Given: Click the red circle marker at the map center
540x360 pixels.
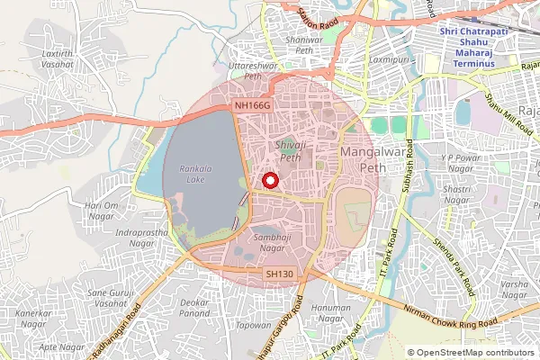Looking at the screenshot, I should point(269,181).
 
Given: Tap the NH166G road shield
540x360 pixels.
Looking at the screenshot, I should point(252,106).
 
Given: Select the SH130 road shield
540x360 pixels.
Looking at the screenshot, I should point(281,273).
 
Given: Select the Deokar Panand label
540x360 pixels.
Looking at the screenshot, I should point(195,310).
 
